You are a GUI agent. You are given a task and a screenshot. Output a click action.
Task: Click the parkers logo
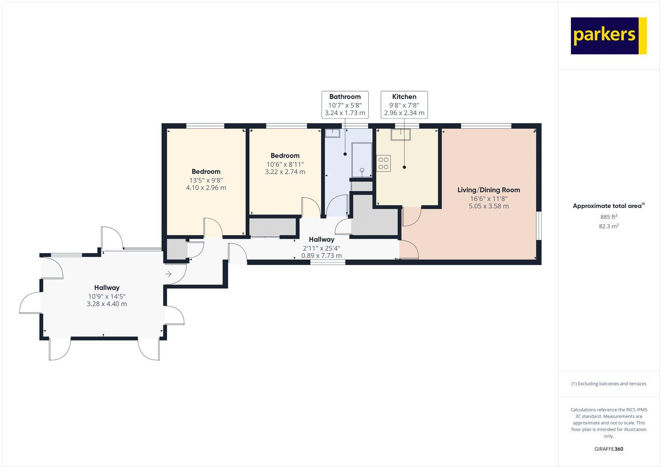pyautogui.click(x=608, y=36)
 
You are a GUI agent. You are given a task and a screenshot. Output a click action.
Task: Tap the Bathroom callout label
pyautogui.click(x=345, y=104)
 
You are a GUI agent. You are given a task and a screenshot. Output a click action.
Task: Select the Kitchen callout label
pyautogui.click(x=404, y=104)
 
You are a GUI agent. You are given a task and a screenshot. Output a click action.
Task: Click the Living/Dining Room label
pyautogui.click(x=488, y=190)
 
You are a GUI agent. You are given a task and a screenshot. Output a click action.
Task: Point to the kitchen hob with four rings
pyautogui.click(x=384, y=163)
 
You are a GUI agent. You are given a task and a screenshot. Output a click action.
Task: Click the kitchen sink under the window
pyautogui.click(x=401, y=135)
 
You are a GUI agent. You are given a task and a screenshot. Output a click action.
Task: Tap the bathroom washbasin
pyautogui.click(x=332, y=133)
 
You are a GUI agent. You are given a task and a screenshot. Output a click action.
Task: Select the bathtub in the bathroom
pyautogui.click(x=362, y=160)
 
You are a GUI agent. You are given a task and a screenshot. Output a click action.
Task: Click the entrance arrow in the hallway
pyautogui.click(x=168, y=274)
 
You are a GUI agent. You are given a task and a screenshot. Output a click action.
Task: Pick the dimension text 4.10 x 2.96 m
pyautogui.click(x=206, y=188)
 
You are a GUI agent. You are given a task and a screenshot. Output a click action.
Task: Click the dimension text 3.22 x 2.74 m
pyautogui.click(x=285, y=172)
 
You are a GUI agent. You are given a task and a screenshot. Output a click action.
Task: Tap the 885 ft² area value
pyautogui.click(x=608, y=217)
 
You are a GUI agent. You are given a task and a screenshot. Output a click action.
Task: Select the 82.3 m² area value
pyautogui.click(x=608, y=226)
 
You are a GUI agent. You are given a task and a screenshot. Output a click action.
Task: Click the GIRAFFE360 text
pyautogui.click(x=608, y=449)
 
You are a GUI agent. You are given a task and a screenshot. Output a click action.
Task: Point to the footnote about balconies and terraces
pyautogui.click(x=608, y=384)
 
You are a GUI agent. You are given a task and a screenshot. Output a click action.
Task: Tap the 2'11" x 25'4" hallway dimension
pyautogui.click(x=321, y=248)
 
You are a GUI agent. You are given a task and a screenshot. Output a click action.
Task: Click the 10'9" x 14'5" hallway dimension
pyautogui.click(x=106, y=296)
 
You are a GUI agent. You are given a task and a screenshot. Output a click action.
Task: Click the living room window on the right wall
pyautogui.click(x=539, y=226)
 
